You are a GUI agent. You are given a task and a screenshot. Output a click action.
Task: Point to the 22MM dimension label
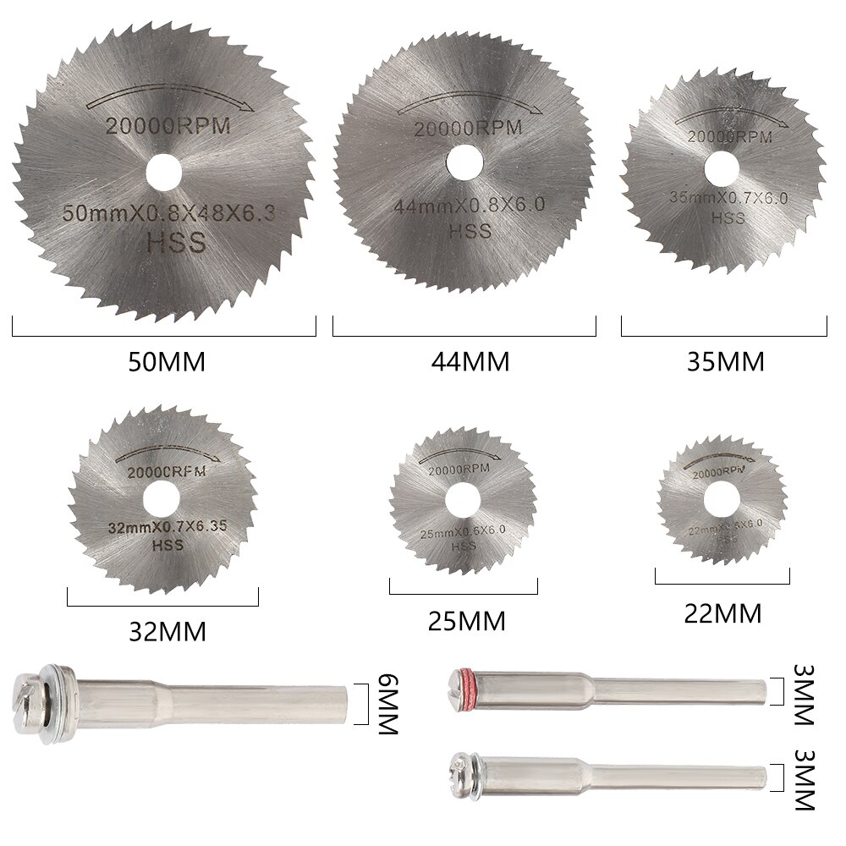tap(722, 613)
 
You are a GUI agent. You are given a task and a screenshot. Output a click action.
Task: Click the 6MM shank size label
tap(387, 705)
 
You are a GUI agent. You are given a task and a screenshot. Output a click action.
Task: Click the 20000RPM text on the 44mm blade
tap(468, 128)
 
